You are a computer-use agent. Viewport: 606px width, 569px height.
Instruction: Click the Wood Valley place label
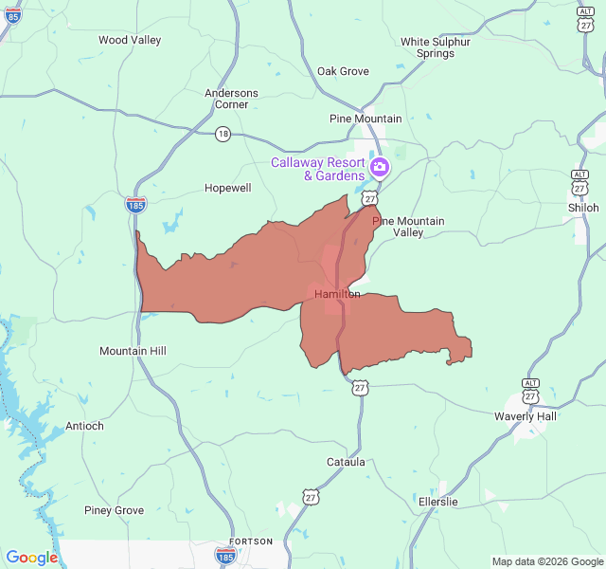(x=130, y=40)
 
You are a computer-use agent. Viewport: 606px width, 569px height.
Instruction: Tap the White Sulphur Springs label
(x=435, y=47)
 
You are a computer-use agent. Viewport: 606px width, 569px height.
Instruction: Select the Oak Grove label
(x=343, y=71)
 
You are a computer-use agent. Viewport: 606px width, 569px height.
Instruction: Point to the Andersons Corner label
(x=231, y=99)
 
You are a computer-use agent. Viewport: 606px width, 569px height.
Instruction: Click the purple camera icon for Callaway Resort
(x=380, y=168)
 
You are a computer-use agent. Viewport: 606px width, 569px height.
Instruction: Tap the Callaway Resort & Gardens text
(x=318, y=169)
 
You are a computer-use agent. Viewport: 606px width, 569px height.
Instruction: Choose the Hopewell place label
(x=228, y=188)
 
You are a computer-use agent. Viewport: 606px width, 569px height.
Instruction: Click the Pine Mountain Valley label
(x=408, y=227)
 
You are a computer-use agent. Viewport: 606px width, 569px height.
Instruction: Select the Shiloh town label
(x=583, y=208)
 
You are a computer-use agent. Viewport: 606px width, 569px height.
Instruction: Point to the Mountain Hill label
(x=133, y=351)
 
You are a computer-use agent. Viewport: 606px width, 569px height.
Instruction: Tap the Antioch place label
(x=84, y=426)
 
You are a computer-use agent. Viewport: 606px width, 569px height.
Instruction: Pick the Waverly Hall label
(x=526, y=416)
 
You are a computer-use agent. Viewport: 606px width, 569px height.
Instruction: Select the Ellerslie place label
(x=437, y=501)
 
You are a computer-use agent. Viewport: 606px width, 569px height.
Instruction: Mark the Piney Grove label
(x=114, y=510)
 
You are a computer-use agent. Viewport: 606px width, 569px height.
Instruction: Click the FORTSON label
(x=250, y=541)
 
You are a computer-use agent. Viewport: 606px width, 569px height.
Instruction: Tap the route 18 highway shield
(x=223, y=135)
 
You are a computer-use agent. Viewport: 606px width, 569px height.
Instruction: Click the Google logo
(x=32, y=558)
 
